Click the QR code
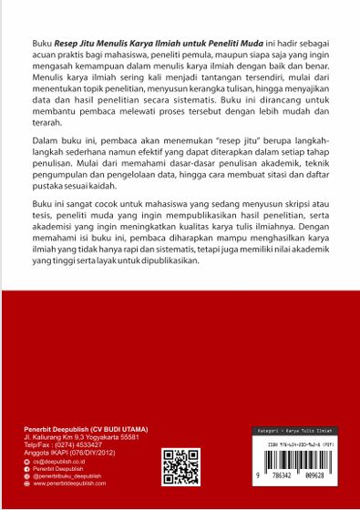180,465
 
